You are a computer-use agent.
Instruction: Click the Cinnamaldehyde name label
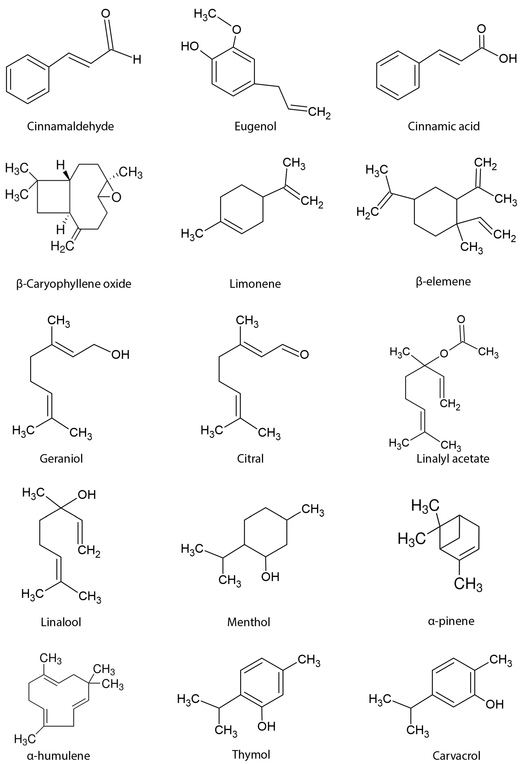tap(70, 126)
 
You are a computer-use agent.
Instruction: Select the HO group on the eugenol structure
tap(190, 46)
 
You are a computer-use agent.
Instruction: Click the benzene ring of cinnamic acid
tap(398, 75)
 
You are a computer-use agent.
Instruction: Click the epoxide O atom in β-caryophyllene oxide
tap(116, 197)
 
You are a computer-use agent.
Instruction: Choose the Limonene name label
tap(255, 284)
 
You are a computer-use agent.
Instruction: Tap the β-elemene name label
tap(443, 281)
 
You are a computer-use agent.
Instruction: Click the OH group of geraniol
tap(120, 354)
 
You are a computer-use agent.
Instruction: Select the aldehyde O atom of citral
tap(304, 354)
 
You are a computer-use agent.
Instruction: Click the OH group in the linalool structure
tap(87, 494)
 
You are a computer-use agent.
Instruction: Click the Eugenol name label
tap(255, 126)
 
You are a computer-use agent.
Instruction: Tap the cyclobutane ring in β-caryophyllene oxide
tap(53, 196)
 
